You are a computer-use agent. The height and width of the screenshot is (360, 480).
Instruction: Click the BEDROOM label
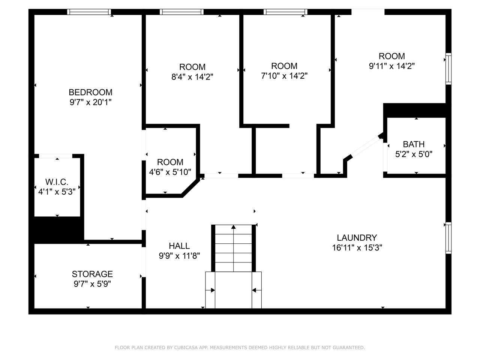(90, 92)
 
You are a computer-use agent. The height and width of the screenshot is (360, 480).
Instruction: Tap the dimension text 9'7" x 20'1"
(90, 102)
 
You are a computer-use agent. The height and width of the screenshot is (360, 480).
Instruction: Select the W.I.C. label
(57, 182)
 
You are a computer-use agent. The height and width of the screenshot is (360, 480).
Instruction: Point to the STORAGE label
(92, 274)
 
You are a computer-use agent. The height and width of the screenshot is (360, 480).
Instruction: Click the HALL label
(179, 246)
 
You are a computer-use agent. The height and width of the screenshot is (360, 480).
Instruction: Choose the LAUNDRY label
(357, 238)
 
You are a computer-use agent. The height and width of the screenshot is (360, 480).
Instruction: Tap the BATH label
(414, 144)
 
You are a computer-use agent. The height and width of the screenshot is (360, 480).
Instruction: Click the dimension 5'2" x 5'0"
(414, 154)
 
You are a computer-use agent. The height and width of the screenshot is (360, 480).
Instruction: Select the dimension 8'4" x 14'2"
(192, 77)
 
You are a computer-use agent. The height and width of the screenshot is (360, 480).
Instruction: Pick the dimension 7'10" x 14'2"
(284, 76)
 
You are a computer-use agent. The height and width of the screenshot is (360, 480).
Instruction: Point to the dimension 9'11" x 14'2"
(391, 66)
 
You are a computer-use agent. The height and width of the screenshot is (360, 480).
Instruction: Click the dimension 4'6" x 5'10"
(170, 172)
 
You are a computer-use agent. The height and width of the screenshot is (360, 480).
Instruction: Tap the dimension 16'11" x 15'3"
(357, 247)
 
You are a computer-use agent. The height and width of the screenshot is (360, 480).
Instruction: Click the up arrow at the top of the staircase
(234, 227)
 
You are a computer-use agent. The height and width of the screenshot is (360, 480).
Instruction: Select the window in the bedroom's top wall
(89, 12)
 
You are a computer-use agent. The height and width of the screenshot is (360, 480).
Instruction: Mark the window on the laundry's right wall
(448, 238)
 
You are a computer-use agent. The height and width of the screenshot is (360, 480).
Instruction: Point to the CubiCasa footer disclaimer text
(240, 348)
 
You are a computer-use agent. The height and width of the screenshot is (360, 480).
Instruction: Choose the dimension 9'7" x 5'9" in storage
(92, 284)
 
